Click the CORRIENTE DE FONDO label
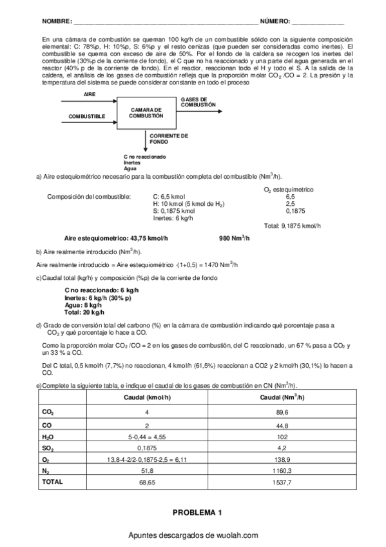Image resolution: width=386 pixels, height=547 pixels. (x=169, y=139)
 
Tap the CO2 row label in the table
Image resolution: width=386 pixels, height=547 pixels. (x=48, y=412)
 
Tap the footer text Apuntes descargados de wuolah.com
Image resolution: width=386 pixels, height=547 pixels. (x=193, y=535)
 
